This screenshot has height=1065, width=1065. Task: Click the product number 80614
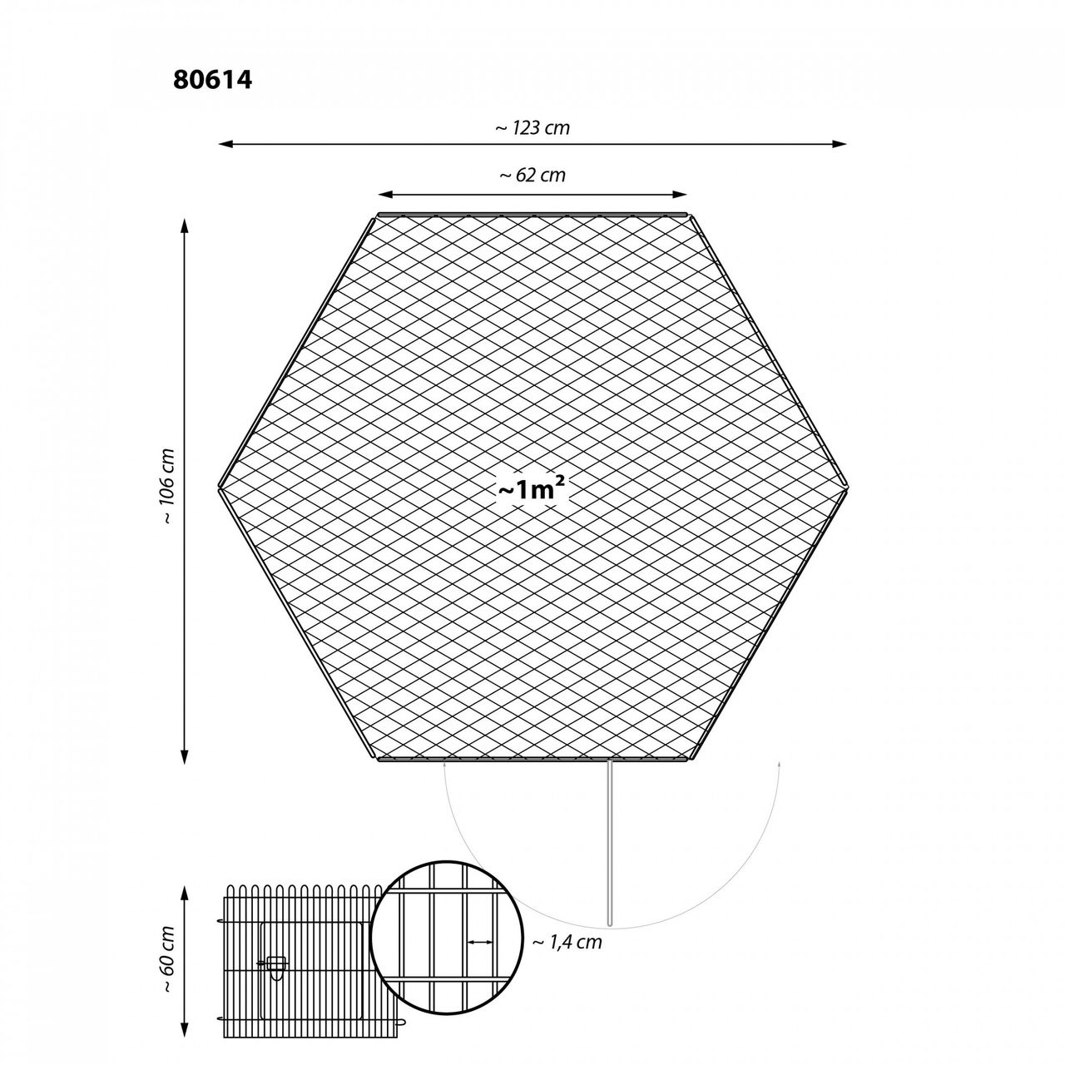coord(213,80)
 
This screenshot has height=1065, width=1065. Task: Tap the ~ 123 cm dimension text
coord(532,128)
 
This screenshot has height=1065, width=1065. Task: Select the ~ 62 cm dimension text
coord(532,176)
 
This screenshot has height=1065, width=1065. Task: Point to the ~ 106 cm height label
coord(167,487)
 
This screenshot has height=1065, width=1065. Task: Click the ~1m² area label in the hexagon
coord(532,489)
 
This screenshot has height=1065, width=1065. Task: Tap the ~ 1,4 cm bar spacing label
coord(567,941)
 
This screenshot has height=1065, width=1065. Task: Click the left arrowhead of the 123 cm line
coord(225,144)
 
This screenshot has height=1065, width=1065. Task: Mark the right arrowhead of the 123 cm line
coord(840,144)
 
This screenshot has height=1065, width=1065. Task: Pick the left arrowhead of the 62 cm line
coord(384,195)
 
